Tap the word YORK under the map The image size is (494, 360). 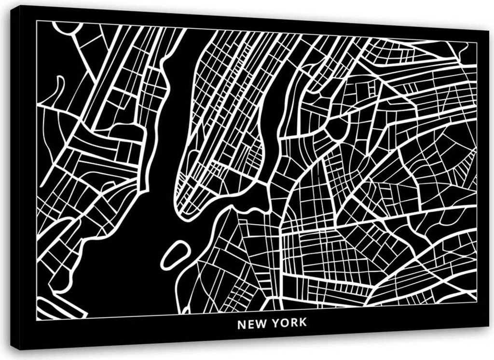coord(289,323)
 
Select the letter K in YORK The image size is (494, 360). coord(302,322)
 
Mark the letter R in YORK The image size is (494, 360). coord(293,323)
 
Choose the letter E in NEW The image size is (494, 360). coord(248,324)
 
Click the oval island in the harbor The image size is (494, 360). coord(175,254)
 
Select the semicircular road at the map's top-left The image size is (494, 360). coord(67,29)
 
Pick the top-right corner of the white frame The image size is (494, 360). coord(477,42)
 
